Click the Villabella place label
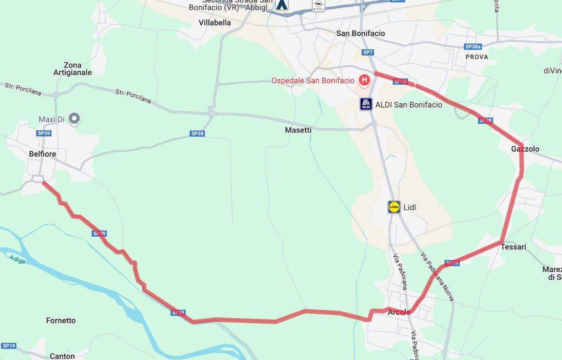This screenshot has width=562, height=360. [x=214, y=23]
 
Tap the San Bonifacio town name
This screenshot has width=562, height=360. [x=360, y=33]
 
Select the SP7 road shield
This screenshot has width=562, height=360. [x=368, y=52]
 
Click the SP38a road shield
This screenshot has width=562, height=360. [x=473, y=47]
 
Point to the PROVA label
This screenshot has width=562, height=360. [x=476, y=57]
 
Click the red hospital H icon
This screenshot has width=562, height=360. [x=364, y=80]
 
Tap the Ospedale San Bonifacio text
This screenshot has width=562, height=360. [x=313, y=81]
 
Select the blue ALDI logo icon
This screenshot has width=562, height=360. [x=366, y=104]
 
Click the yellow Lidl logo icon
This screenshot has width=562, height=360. [x=394, y=207]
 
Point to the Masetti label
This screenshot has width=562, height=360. [x=298, y=130]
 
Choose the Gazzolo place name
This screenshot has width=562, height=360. [x=525, y=149]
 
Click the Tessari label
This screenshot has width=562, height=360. [x=513, y=247]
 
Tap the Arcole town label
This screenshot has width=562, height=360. [x=399, y=313]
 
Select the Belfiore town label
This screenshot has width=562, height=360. [x=43, y=154]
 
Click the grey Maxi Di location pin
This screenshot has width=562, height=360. [x=75, y=118]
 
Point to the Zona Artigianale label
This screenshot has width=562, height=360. [x=72, y=69]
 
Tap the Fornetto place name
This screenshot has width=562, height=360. [x=61, y=320]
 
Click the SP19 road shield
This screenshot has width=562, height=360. [x=8, y=346]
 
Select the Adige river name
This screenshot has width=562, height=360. [x=18, y=259]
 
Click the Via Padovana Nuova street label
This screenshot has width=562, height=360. [x=437, y=277]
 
